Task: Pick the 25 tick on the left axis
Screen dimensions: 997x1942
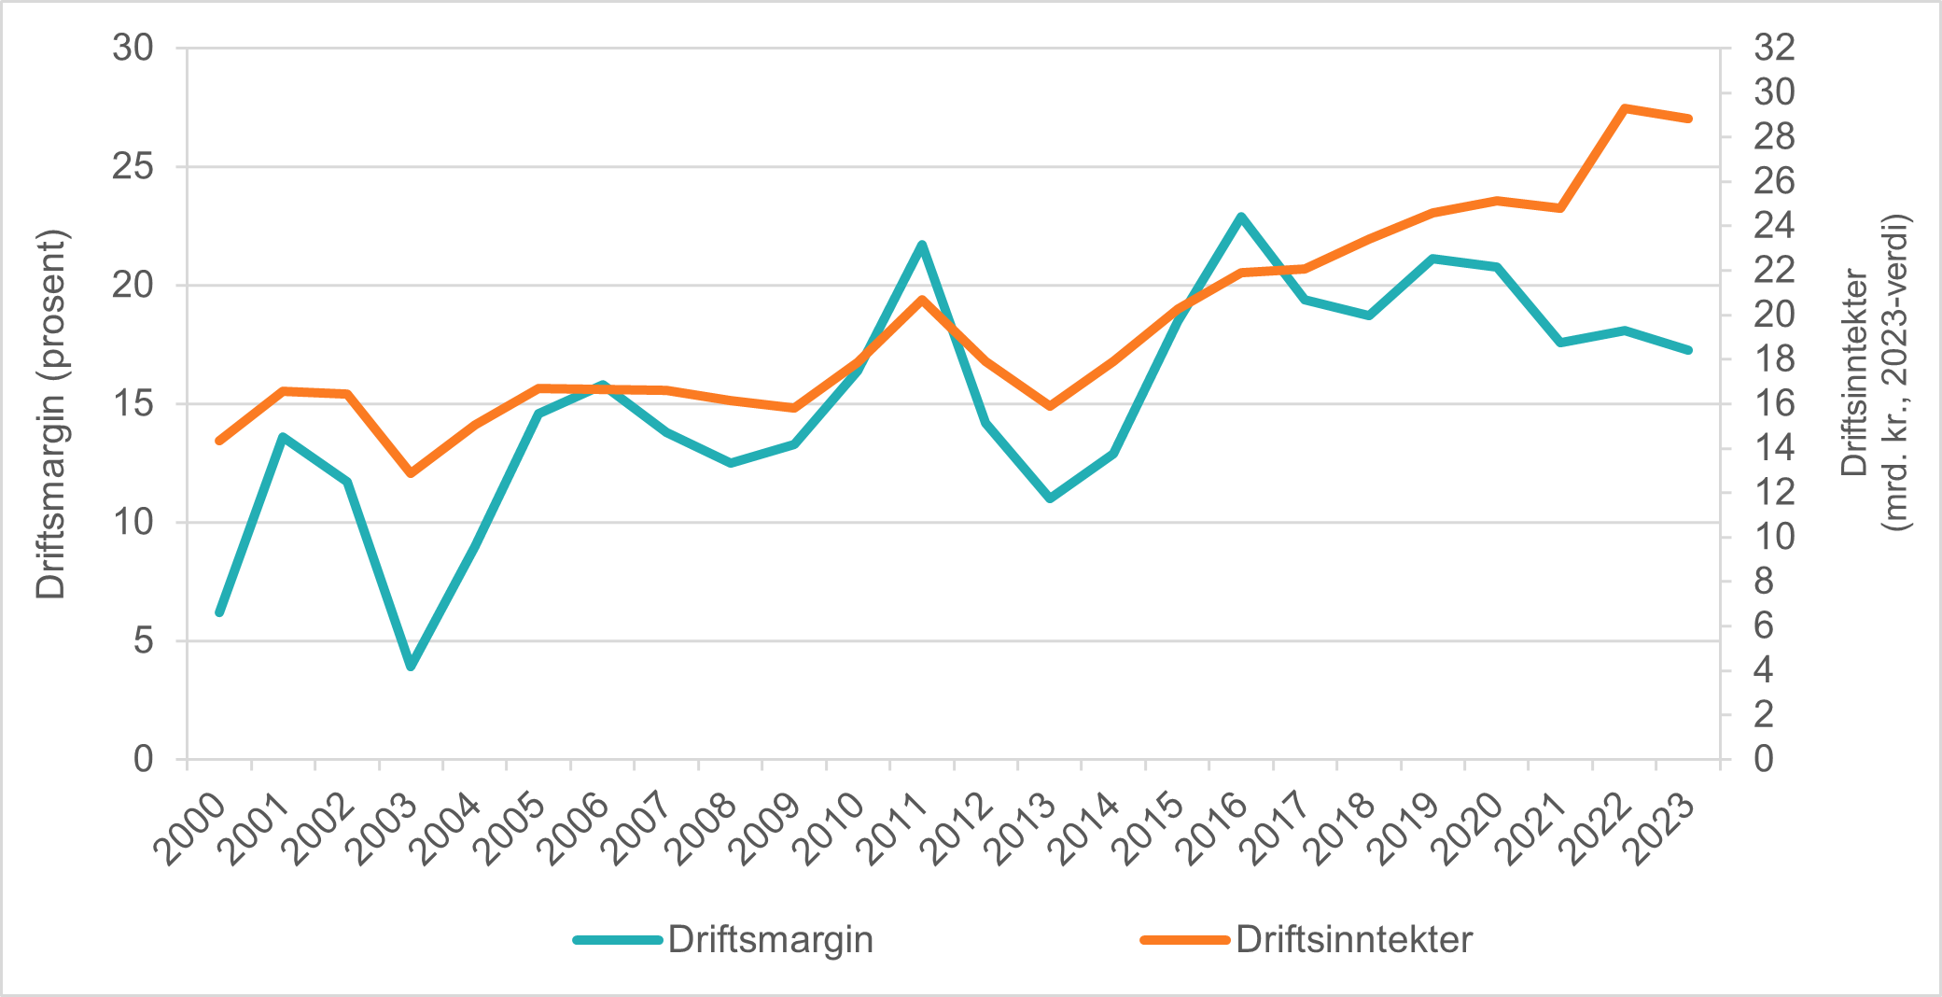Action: pyautogui.click(x=133, y=167)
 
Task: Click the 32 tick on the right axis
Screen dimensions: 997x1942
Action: pyautogui.click(x=1774, y=48)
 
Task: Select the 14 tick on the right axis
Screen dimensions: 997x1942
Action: pyautogui.click(x=1774, y=448)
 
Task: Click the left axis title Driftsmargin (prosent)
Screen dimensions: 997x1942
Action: pyautogui.click(x=51, y=414)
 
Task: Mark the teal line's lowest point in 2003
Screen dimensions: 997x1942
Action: pyautogui.click(x=411, y=667)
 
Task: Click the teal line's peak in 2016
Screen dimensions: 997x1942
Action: pyautogui.click(x=1240, y=217)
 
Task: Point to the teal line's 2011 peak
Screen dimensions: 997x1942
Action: pyautogui.click(x=921, y=245)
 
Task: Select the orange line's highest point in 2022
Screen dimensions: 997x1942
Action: pyautogui.click(x=1624, y=108)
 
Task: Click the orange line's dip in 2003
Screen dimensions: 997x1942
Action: pyautogui.click(x=411, y=473)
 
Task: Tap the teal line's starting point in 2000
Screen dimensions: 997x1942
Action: pyautogui.click(x=219, y=612)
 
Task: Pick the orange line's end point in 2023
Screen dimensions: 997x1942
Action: pyautogui.click(x=1688, y=119)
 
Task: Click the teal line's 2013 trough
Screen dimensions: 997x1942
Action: pyautogui.click(x=1050, y=498)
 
